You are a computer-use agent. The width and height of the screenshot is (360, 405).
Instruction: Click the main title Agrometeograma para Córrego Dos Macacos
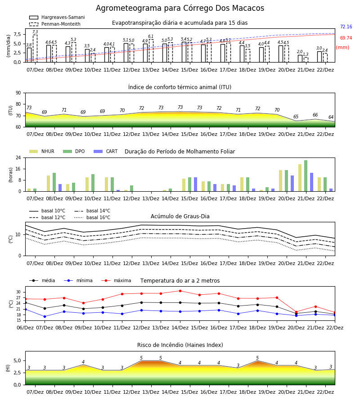point(180,8)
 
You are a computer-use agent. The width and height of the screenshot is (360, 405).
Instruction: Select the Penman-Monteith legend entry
point(55,24)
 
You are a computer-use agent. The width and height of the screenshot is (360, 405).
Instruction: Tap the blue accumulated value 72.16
point(346,27)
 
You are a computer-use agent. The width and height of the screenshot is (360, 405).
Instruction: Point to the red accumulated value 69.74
point(346,38)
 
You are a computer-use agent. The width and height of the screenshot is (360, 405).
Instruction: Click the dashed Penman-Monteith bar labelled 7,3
point(35,49)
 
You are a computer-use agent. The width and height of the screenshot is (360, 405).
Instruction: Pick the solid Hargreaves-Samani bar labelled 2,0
point(300,58)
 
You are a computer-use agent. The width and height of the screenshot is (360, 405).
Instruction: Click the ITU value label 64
point(331,117)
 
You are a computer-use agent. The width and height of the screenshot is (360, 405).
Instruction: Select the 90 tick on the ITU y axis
point(18,93)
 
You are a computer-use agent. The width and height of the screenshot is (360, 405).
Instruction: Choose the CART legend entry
point(106,151)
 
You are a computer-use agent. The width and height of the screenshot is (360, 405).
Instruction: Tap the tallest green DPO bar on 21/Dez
point(306,176)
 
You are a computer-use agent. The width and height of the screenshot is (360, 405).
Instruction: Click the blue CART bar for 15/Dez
point(195,184)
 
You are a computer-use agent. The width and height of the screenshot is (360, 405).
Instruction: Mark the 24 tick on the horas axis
point(18,157)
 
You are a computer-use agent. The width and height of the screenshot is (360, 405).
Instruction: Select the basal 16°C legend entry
point(92,217)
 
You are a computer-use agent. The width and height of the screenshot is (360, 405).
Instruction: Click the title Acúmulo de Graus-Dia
point(180,216)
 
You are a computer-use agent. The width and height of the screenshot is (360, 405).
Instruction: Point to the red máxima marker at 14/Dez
point(180,291)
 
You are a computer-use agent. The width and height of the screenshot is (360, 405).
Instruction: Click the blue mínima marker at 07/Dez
point(45,316)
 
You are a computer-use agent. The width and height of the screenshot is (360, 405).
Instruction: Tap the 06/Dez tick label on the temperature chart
point(25,328)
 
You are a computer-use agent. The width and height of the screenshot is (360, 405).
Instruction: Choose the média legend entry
point(42,280)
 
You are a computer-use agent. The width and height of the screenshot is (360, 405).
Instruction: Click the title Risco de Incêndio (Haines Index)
point(180,345)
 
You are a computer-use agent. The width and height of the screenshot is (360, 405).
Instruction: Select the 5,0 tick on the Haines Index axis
point(17,361)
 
